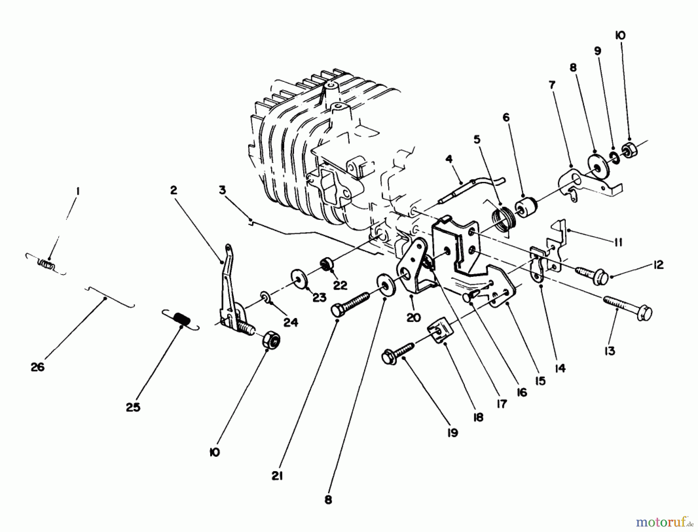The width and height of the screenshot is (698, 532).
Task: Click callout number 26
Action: click(x=38, y=367)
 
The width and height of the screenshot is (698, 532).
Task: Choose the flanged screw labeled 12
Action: click(x=589, y=275)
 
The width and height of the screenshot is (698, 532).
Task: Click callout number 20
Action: click(x=414, y=318)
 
